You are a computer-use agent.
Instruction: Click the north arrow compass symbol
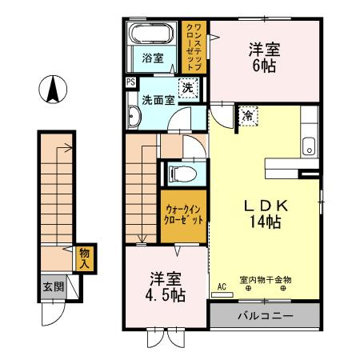[53, 87]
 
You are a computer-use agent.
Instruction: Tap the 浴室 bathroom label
[153, 58]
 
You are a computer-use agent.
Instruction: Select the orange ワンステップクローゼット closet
[194, 46]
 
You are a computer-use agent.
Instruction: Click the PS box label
[130, 82]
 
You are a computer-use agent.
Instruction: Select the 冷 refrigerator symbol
[248, 116]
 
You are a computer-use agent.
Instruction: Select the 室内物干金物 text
[266, 280]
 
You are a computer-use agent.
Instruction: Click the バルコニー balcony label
[264, 314]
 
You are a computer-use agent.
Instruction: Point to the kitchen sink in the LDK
[309, 146]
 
